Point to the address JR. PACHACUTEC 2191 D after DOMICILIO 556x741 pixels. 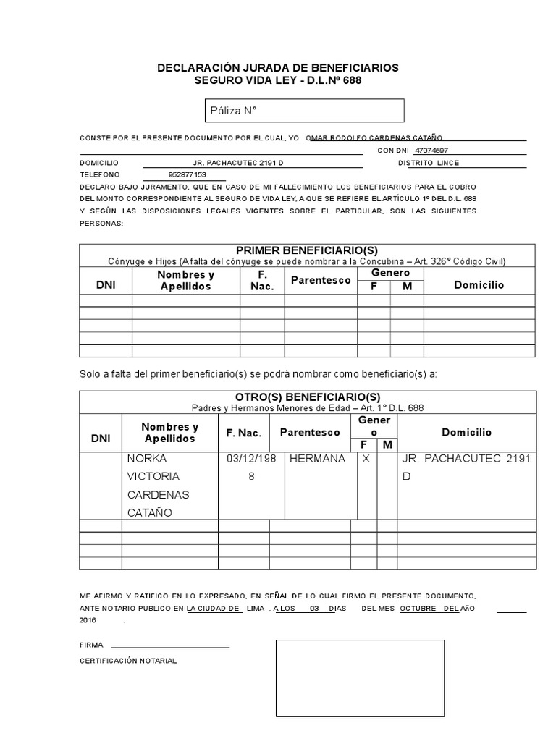tap(239, 163)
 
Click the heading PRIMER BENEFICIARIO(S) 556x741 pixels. tap(307, 250)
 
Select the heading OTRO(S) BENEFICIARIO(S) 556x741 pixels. tap(307, 397)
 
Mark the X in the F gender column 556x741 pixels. tap(366, 459)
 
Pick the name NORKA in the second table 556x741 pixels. tap(147, 459)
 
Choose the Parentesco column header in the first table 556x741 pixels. tap(321, 280)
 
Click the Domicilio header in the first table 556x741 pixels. tap(479, 285)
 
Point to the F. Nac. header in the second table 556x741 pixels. tap(243, 432)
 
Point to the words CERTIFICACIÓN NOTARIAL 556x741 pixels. tap(127, 661)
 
